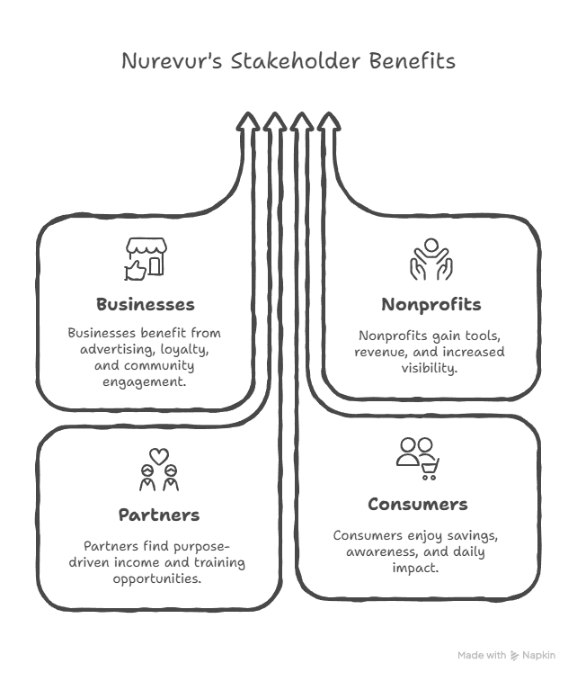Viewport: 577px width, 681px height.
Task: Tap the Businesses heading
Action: click(x=145, y=304)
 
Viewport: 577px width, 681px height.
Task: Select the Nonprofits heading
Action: click(x=431, y=305)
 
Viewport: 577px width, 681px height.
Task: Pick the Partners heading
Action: click(x=158, y=515)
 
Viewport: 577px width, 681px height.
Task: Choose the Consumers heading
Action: click(x=417, y=504)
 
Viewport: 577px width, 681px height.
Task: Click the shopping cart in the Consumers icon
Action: click(x=431, y=463)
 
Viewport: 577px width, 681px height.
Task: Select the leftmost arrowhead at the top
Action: click(x=246, y=123)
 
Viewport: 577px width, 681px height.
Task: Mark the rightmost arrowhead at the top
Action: click(x=329, y=123)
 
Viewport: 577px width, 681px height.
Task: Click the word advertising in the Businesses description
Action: click(x=109, y=348)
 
